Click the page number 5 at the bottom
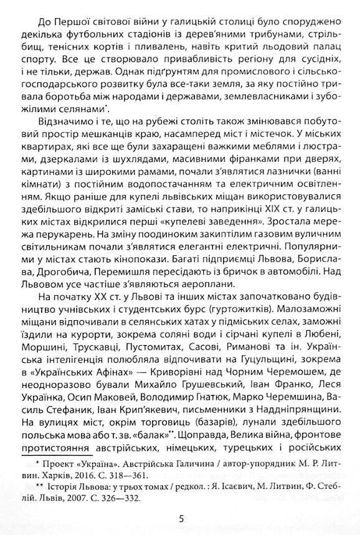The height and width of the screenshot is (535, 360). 181,519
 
